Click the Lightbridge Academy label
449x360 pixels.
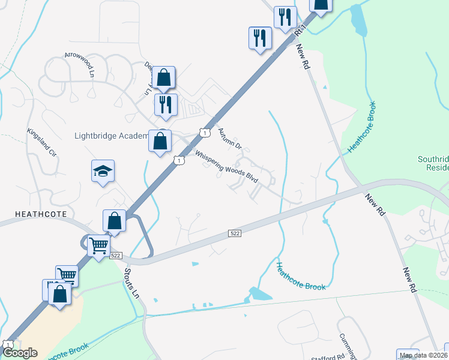click(111, 136)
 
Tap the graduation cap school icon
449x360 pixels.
click(103, 172)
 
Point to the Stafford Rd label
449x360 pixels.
click(328, 356)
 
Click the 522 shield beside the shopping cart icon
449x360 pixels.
click(116, 256)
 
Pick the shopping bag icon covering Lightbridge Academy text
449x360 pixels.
click(160, 142)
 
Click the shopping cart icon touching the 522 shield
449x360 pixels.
click(98, 245)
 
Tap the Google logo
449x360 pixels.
click(20, 353)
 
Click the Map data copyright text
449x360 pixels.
click(424, 355)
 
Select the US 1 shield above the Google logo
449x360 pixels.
click(7, 344)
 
